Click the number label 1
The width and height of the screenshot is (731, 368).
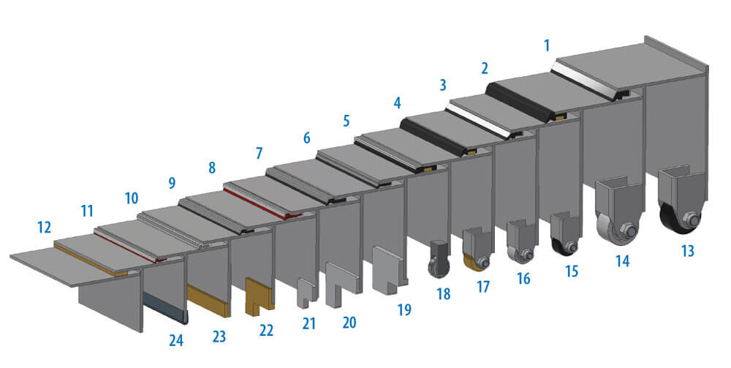[x=546, y=46]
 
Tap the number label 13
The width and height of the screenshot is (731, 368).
[x=686, y=252]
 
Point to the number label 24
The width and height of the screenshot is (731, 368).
[x=176, y=339]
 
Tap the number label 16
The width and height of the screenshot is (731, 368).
[x=523, y=279]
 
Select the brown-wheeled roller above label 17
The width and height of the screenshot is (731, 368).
[x=477, y=251]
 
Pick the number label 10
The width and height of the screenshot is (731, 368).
[x=132, y=198]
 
